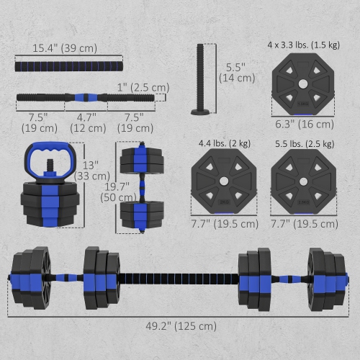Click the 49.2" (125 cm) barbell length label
(x=179, y=325)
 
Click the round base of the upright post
(x=200, y=112)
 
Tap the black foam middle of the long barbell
(x=179, y=276)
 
